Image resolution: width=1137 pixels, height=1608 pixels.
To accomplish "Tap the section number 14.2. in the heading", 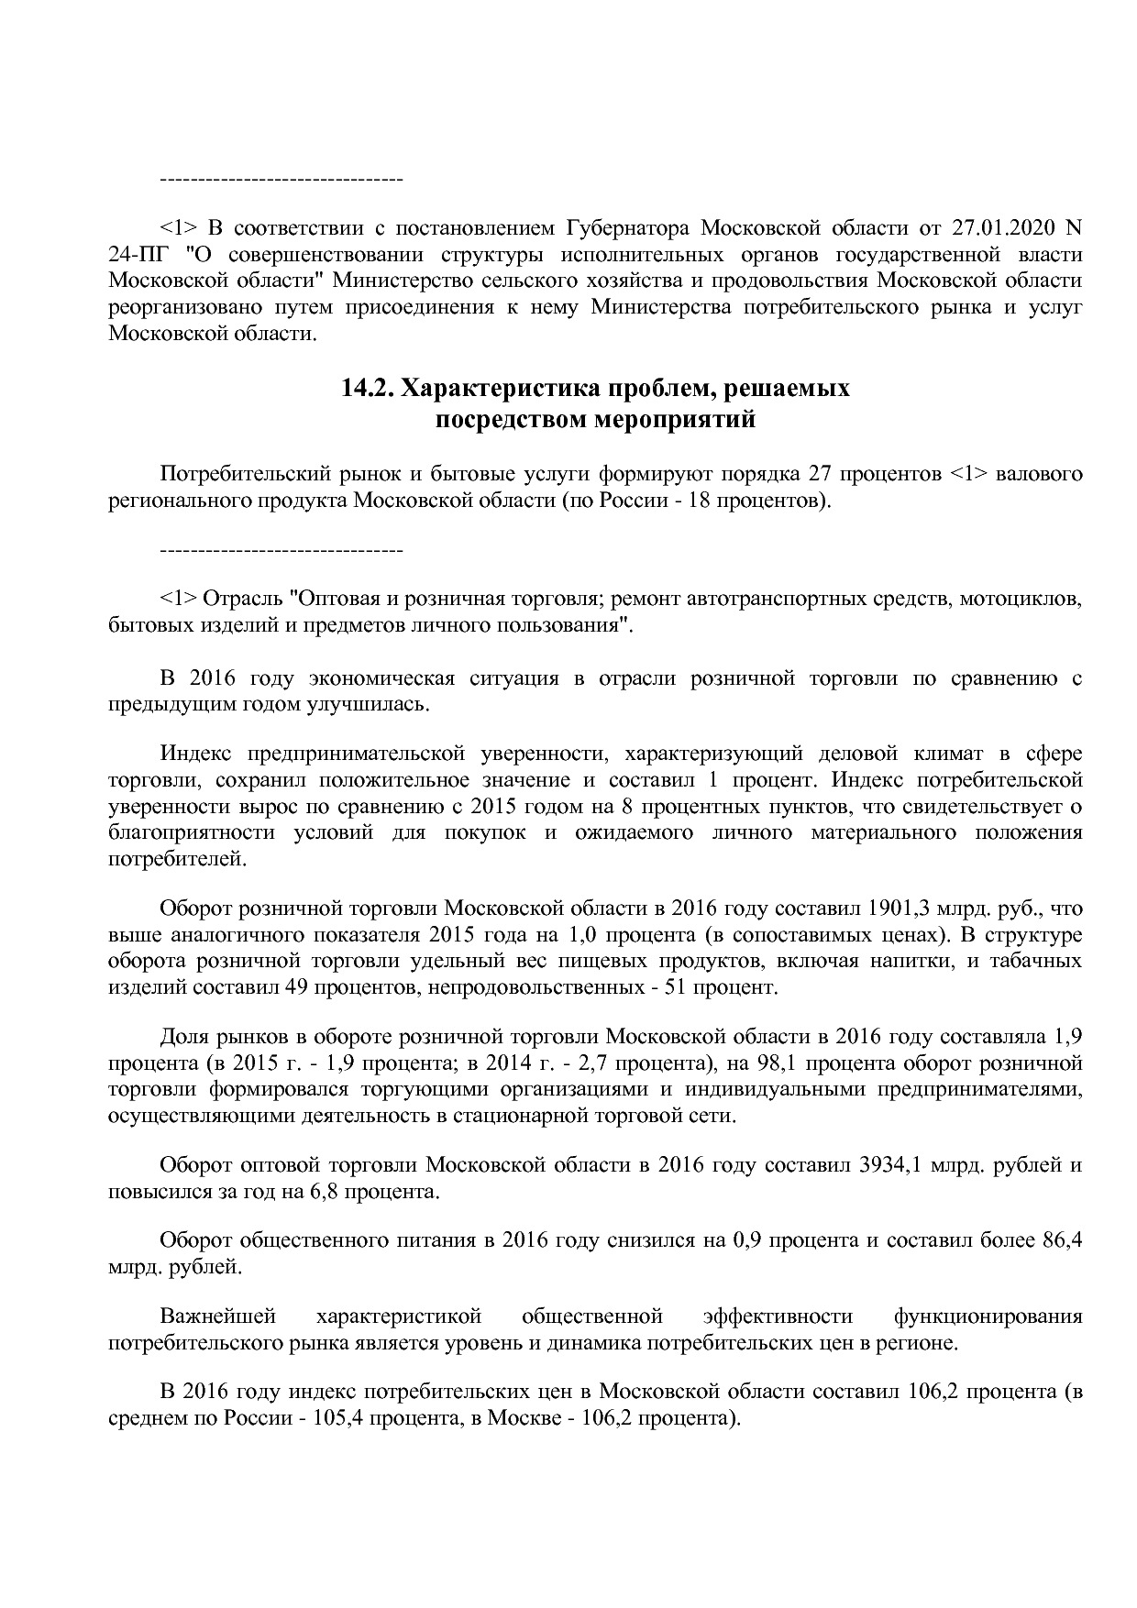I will [369, 388].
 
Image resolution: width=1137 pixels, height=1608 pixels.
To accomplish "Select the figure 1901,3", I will [896, 909].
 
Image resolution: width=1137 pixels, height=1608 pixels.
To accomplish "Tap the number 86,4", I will [1062, 1241].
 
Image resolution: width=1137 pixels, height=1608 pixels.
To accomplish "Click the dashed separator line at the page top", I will [281, 177].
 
